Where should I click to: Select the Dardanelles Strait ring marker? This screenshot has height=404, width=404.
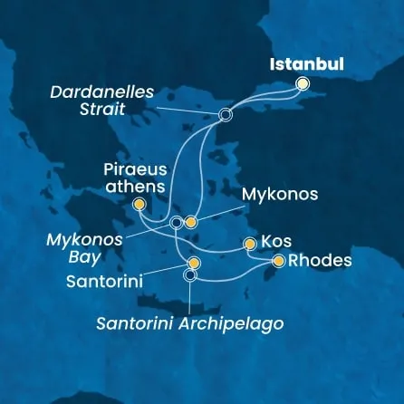(x=226, y=115)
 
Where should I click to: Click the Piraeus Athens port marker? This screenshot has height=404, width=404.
(x=139, y=205)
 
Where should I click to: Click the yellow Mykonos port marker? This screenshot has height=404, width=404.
(x=191, y=222)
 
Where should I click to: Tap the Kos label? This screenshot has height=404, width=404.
(x=275, y=243)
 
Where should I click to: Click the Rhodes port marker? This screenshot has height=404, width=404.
(x=278, y=261)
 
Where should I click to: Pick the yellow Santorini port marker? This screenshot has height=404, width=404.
(x=194, y=263)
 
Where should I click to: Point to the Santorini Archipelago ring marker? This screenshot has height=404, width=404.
(x=189, y=275)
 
